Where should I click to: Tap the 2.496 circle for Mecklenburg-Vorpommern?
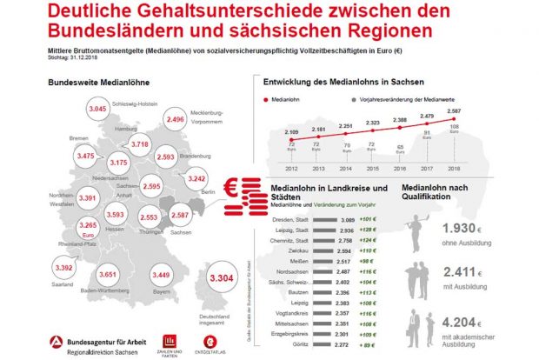(175, 120)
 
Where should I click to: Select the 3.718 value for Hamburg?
(142, 143)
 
